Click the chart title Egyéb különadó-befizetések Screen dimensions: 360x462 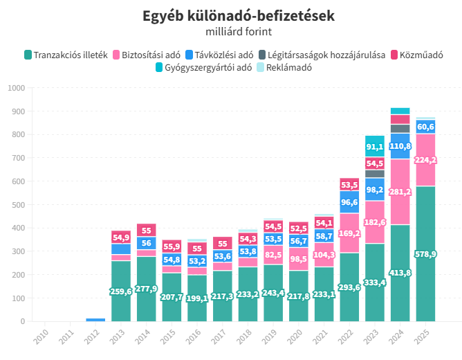pos(239,16)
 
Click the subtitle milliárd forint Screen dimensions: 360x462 pos(239,31)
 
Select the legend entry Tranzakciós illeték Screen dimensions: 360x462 pos(66,55)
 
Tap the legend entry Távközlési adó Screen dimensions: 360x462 pos(219,55)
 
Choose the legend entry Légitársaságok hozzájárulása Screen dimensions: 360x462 pos(322,55)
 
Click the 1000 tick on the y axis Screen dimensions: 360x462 pos(16,88)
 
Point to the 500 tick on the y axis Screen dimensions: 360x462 pos(18,205)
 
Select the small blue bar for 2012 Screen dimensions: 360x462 pos(95,320)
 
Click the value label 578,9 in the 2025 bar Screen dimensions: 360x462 pos(425,255)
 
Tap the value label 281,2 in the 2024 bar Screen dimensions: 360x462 pos(400,192)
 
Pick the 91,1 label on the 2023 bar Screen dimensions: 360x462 pos(375,147)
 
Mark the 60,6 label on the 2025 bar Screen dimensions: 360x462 pos(425,127)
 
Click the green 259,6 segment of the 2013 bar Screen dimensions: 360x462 pos(120,291)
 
